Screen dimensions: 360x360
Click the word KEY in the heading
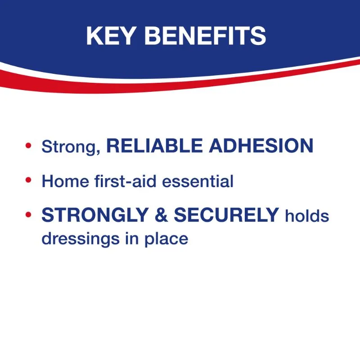click(x=110, y=36)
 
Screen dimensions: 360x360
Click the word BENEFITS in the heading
click(x=205, y=36)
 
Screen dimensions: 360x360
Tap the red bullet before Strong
click(x=28, y=145)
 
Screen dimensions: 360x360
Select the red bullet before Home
click(x=28, y=180)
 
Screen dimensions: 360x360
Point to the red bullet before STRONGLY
click(x=28, y=215)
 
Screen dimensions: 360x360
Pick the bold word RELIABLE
click(x=154, y=145)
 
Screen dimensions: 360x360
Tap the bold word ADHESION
click(x=261, y=145)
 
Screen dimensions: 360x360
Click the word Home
click(x=65, y=181)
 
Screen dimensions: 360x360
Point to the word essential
click(x=198, y=181)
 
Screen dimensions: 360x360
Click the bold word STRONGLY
click(x=95, y=215)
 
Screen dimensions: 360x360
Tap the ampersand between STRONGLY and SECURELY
click(x=161, y=215)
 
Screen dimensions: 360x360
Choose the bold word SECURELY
click(x=226, y=215)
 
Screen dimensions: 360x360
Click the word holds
click(x=307, y=216)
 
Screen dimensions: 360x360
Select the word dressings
click(x=81, y=239)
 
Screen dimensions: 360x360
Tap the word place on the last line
click(x=166, y=239)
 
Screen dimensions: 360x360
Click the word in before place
click(x=132, y=238)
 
